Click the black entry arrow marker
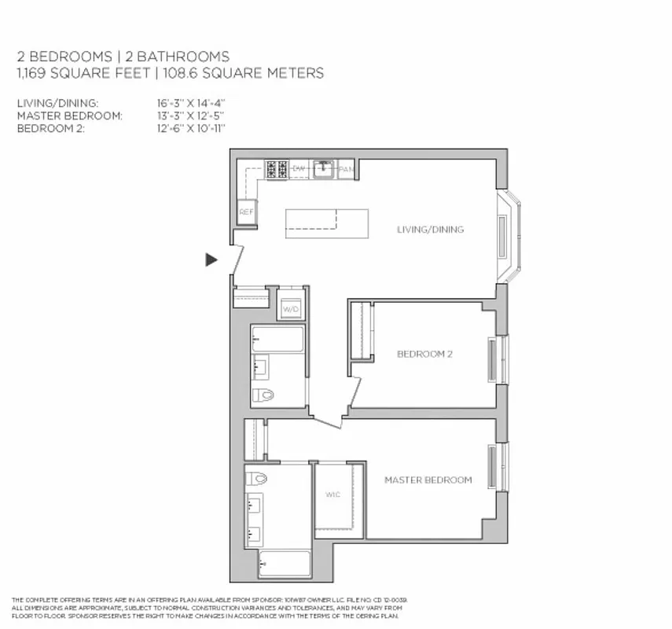point(211,259)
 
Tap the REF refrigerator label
point(247,212)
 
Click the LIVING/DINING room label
point(430,230)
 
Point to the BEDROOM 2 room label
point(424,354)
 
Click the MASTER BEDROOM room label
point(428,480)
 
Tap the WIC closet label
point(332,495)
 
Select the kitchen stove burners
point(276,169)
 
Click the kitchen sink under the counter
point(324,168)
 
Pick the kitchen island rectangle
point(326,223)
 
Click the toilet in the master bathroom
point(257,478)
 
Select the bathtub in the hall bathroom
point(277,340)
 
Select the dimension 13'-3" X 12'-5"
point(191,116)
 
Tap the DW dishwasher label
point(299,168)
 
